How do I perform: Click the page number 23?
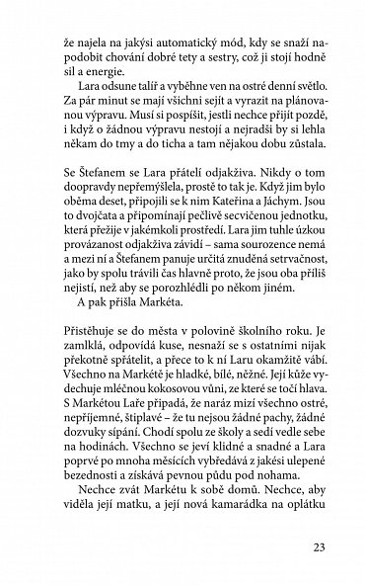click(318, 548)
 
